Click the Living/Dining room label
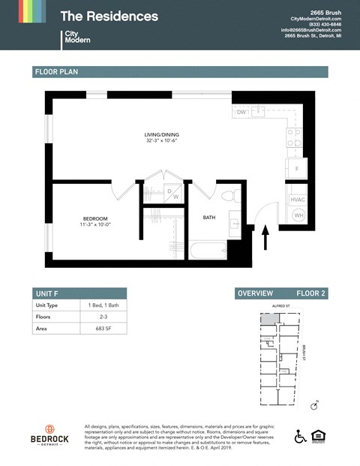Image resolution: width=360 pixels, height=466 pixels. [162, 135]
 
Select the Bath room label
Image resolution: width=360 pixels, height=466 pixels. [210, 218]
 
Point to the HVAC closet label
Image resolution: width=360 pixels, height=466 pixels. [298, 200]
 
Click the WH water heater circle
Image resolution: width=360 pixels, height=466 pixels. [298, 215]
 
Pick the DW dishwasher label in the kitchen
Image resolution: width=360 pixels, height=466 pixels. [241, 112]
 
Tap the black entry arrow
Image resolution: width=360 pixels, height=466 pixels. [264, 240]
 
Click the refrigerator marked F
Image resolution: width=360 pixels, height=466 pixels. [297, 169]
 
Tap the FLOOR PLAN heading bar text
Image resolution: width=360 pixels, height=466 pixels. [56, 72]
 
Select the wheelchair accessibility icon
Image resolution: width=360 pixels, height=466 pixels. [299, 437]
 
